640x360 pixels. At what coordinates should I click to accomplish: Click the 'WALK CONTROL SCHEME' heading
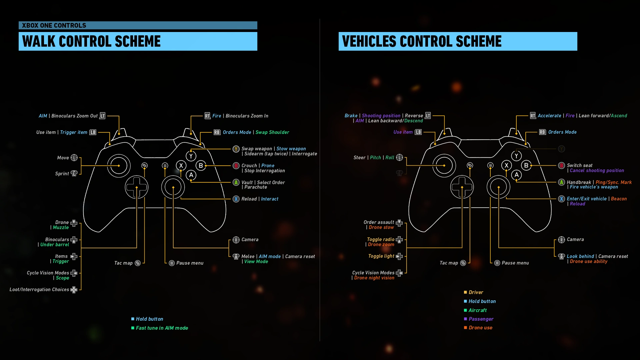91,41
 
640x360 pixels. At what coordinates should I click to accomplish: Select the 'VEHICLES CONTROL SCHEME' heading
422,41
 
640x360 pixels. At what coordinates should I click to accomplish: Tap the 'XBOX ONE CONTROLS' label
54,25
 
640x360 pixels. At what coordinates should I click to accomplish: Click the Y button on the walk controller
191,156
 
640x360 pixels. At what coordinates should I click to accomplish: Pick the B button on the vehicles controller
526,165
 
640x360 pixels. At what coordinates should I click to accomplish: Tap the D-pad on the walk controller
136,187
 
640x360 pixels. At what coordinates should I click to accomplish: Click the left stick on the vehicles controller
444,165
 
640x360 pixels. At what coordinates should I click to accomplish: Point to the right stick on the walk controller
173,187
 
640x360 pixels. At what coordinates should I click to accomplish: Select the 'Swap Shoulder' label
272,132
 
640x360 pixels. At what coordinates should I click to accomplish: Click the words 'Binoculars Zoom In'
247,116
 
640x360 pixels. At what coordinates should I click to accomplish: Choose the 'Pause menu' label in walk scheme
190,263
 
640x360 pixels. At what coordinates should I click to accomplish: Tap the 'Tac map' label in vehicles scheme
449,263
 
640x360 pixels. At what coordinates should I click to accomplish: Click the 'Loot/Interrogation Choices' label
39,289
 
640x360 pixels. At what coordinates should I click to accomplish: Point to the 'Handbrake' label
579,182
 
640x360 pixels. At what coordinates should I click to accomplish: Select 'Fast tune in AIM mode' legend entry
162,328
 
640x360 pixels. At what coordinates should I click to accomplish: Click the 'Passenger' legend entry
481,319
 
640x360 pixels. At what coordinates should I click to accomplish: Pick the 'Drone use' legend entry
480,328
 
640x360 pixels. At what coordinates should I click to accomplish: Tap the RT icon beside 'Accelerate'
533,116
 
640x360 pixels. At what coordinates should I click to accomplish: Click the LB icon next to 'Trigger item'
93,132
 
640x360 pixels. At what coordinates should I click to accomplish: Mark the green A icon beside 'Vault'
236,182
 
